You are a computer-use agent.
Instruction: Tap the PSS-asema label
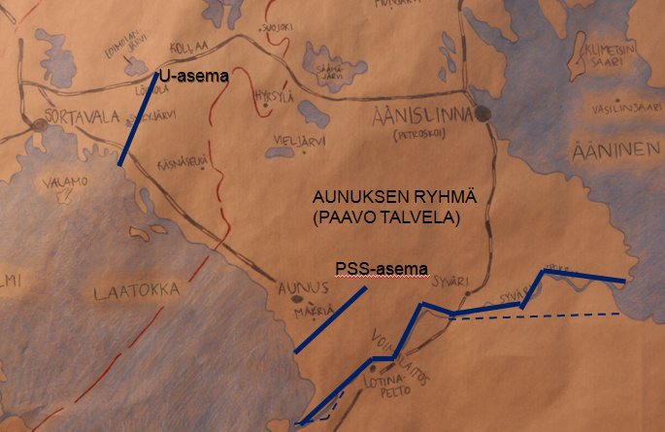point(382,268)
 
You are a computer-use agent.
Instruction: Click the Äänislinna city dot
point(482,114)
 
